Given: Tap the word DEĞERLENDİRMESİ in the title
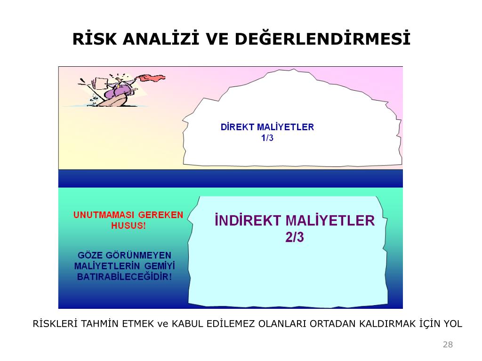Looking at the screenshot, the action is click(x=323, y=39).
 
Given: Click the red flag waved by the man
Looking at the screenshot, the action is click(x=153, y=78).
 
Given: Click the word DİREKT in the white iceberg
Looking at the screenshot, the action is click(x=237, y=127).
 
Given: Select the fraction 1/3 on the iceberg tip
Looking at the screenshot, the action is click(x=267, y=138).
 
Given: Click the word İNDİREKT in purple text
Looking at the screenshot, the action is click(x=248, y=220).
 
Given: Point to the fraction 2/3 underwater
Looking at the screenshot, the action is click(x=295, y=237).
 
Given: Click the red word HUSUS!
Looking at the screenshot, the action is click(x=129, y=226).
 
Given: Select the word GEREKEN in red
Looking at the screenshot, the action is click(x=161, y=215).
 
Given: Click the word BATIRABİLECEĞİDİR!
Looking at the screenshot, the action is click(x=124, y=276).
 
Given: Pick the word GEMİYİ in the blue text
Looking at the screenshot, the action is click(x=162, y=266).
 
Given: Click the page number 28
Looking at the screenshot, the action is click(x=448, y=345).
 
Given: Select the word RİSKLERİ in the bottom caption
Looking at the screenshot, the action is click(x=55, y=323).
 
